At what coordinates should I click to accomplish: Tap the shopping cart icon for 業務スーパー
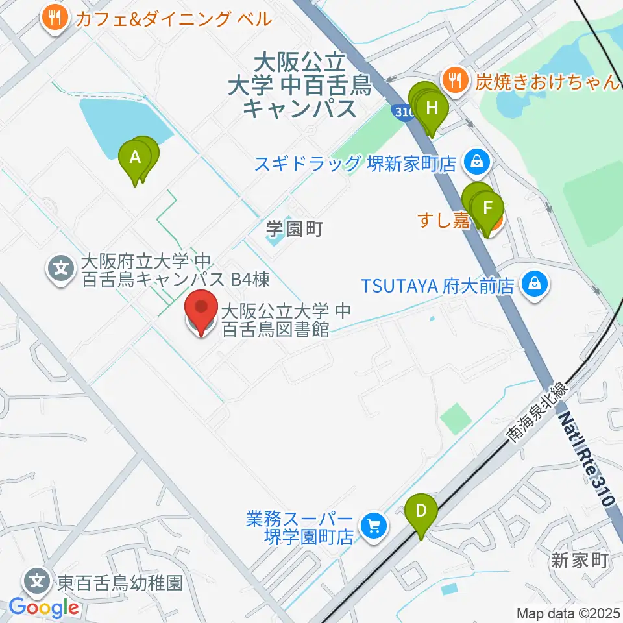pyautogui.click(x=373, y=524)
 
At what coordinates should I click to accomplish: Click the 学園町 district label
pyautogui.click(x=294, y=228)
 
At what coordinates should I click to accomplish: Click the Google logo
pyautogui.click(x=43, y=607)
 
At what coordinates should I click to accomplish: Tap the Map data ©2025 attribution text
pyautogui.click(x=568, y=613)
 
